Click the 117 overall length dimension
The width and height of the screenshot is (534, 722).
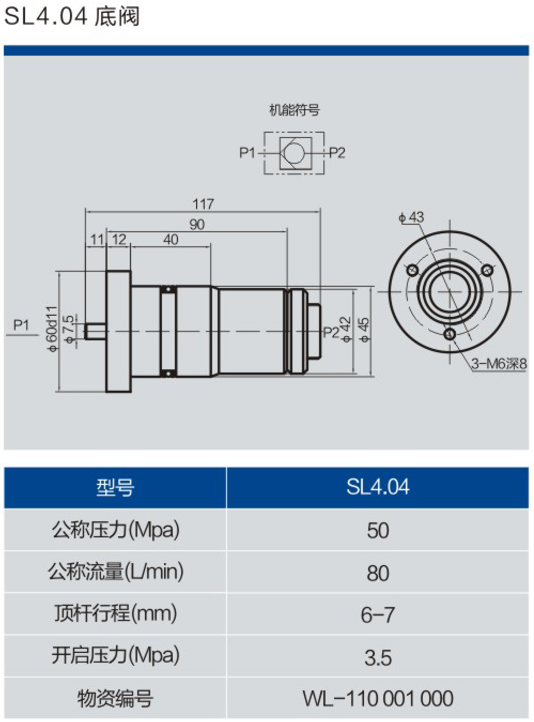[203, 204]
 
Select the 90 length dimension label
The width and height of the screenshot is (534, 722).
[197, 224]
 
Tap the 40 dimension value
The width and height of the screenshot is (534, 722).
[171, 239]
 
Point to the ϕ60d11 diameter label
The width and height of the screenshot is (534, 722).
[52, 329]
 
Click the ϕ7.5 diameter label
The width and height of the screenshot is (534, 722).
[68, 329]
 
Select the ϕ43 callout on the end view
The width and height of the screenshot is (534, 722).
[411, 217]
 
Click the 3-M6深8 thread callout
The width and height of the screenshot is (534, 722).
[499, 364]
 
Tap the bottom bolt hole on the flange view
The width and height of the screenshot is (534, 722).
[450, 335]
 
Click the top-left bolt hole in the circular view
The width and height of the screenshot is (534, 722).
[413, 270]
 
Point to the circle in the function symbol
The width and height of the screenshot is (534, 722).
[294, 153]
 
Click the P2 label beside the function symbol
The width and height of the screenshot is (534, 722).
[337, 153]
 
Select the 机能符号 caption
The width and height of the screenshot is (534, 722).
[294, 110]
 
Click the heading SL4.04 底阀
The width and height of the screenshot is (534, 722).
[72, 16]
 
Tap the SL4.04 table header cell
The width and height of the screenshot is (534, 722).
[377, 487]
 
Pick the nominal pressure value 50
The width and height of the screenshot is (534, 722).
[377, 530]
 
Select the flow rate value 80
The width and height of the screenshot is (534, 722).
[377, 573]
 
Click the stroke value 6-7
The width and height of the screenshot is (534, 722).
[377, 615]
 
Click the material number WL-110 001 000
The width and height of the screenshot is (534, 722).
[377, 698]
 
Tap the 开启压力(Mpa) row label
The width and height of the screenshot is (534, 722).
[115, 656]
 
